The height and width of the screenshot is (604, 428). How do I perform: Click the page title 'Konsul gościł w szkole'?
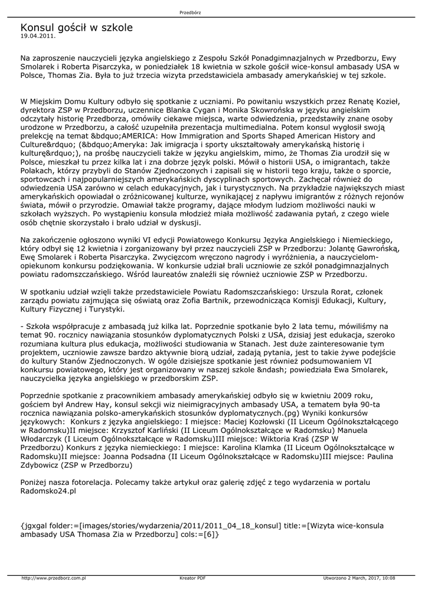(x=76, y=28)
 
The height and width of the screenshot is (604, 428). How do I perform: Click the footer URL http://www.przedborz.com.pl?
(x=54, y=578)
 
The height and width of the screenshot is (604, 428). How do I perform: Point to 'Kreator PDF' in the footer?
(x=192, y=578)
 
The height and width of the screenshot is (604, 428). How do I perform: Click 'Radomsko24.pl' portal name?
(x=48, y=491)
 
